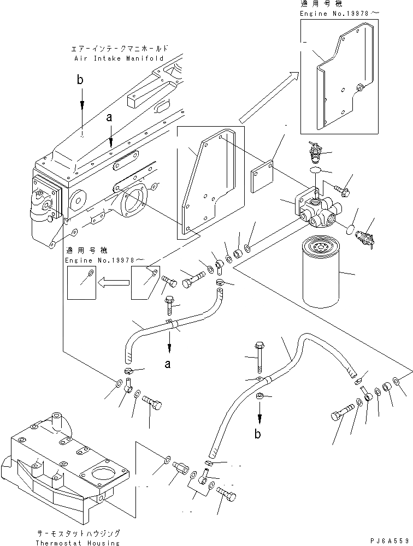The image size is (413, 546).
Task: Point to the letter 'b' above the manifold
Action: (x=80, y=80)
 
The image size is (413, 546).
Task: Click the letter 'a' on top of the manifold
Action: (x=110, y=117)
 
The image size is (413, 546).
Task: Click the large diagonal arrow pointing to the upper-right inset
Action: (x=267, y=97)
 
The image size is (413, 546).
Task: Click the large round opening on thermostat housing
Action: (x=104, y=473)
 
